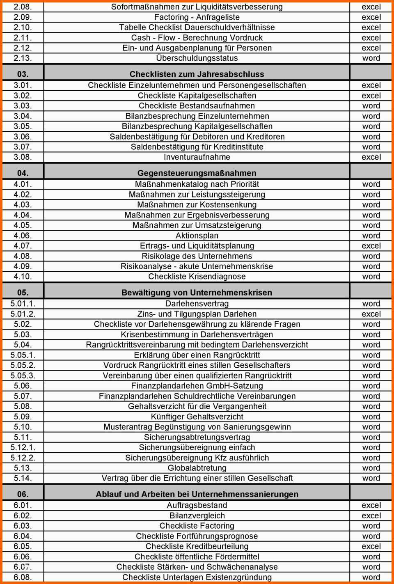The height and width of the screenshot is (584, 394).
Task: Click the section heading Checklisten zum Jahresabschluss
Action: point(197,74)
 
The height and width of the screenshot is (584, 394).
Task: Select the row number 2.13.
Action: point(23,58)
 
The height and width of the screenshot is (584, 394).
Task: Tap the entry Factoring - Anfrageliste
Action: point(197,17)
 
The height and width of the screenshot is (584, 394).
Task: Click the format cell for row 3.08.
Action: point(371,157)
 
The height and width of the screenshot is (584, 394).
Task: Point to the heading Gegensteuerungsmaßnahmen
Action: point(197,173)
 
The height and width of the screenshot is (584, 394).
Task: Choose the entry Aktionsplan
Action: point(197,236)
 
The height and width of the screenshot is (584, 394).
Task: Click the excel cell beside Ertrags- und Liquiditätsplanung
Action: point(371,246)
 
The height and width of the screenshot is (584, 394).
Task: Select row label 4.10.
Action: point(23,277)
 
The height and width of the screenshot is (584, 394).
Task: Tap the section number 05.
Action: point(23,293)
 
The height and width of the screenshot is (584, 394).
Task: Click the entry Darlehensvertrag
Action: point(197,304)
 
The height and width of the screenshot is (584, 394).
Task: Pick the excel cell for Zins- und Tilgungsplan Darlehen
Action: point(371,314)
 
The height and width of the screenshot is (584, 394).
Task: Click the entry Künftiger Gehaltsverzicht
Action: point(197,417)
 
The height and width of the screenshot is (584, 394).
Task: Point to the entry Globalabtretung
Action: point(197,468)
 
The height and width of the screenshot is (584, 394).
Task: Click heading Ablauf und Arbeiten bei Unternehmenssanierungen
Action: point(197,494)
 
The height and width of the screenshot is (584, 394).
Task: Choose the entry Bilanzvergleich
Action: point(197,515)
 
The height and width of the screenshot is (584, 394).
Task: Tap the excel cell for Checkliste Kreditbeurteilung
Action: point(371,546)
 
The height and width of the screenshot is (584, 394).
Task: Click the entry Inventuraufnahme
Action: point(197,157)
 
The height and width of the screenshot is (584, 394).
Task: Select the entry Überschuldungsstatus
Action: point(197,58)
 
